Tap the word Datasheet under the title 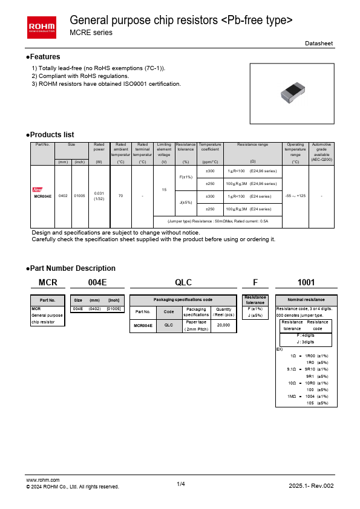click(x=318, y=44)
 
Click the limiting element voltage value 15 click(x=164, y=190)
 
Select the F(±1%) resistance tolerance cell click(x=186, y=177)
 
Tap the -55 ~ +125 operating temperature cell click(x=295, y=196)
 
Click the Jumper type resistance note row click(x=217, y=221)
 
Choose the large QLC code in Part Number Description click(x=183, y=282)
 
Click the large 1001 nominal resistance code click(x=306, y=282)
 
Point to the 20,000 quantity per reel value click(x=223, y=326)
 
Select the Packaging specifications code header click(x=183, y=300)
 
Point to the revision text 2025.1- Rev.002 click(x=311, y=486)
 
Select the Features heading click(x=45, y=57)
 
